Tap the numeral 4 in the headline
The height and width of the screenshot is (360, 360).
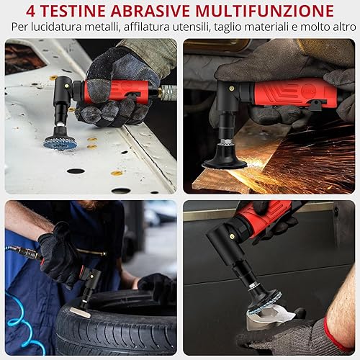pos(30,11)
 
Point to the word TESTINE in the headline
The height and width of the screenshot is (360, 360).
pos(73,11)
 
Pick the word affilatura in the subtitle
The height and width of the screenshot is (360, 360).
pos(147,27)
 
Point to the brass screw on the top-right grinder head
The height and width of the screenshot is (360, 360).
pos(231,89)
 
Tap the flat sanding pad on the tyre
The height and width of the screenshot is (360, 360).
pos(80,312)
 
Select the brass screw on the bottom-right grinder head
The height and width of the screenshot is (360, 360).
pos(232,237)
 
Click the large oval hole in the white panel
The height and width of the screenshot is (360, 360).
pos(76,171)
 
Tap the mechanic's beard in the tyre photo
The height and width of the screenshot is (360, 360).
pos(91,204)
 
